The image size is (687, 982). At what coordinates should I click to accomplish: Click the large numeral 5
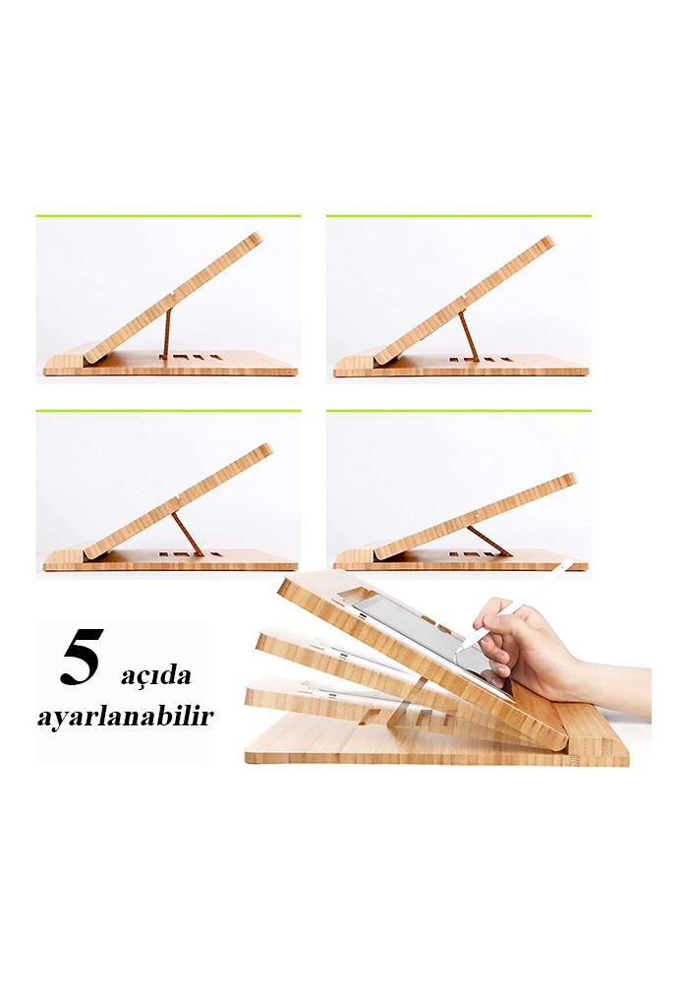pos(81,662)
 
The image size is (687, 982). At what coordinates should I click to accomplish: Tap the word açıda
pos(155,676)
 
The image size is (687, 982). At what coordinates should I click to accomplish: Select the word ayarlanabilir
pos(125,715)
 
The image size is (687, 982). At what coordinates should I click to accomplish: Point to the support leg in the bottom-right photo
pos(488,541)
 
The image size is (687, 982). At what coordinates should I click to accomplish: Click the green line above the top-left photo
pos(168,216)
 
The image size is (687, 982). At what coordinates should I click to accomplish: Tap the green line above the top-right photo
pos(458,216)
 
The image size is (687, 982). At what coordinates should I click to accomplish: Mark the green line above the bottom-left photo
pos(168,411)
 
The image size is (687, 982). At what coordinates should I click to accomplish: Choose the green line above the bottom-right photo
pos(458,411)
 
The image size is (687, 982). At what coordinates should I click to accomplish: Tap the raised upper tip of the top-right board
pos(549,240)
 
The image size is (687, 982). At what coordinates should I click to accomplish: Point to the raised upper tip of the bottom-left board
pos(268,448)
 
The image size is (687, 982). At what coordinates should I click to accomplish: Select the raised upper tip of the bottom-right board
pos(571,478)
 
